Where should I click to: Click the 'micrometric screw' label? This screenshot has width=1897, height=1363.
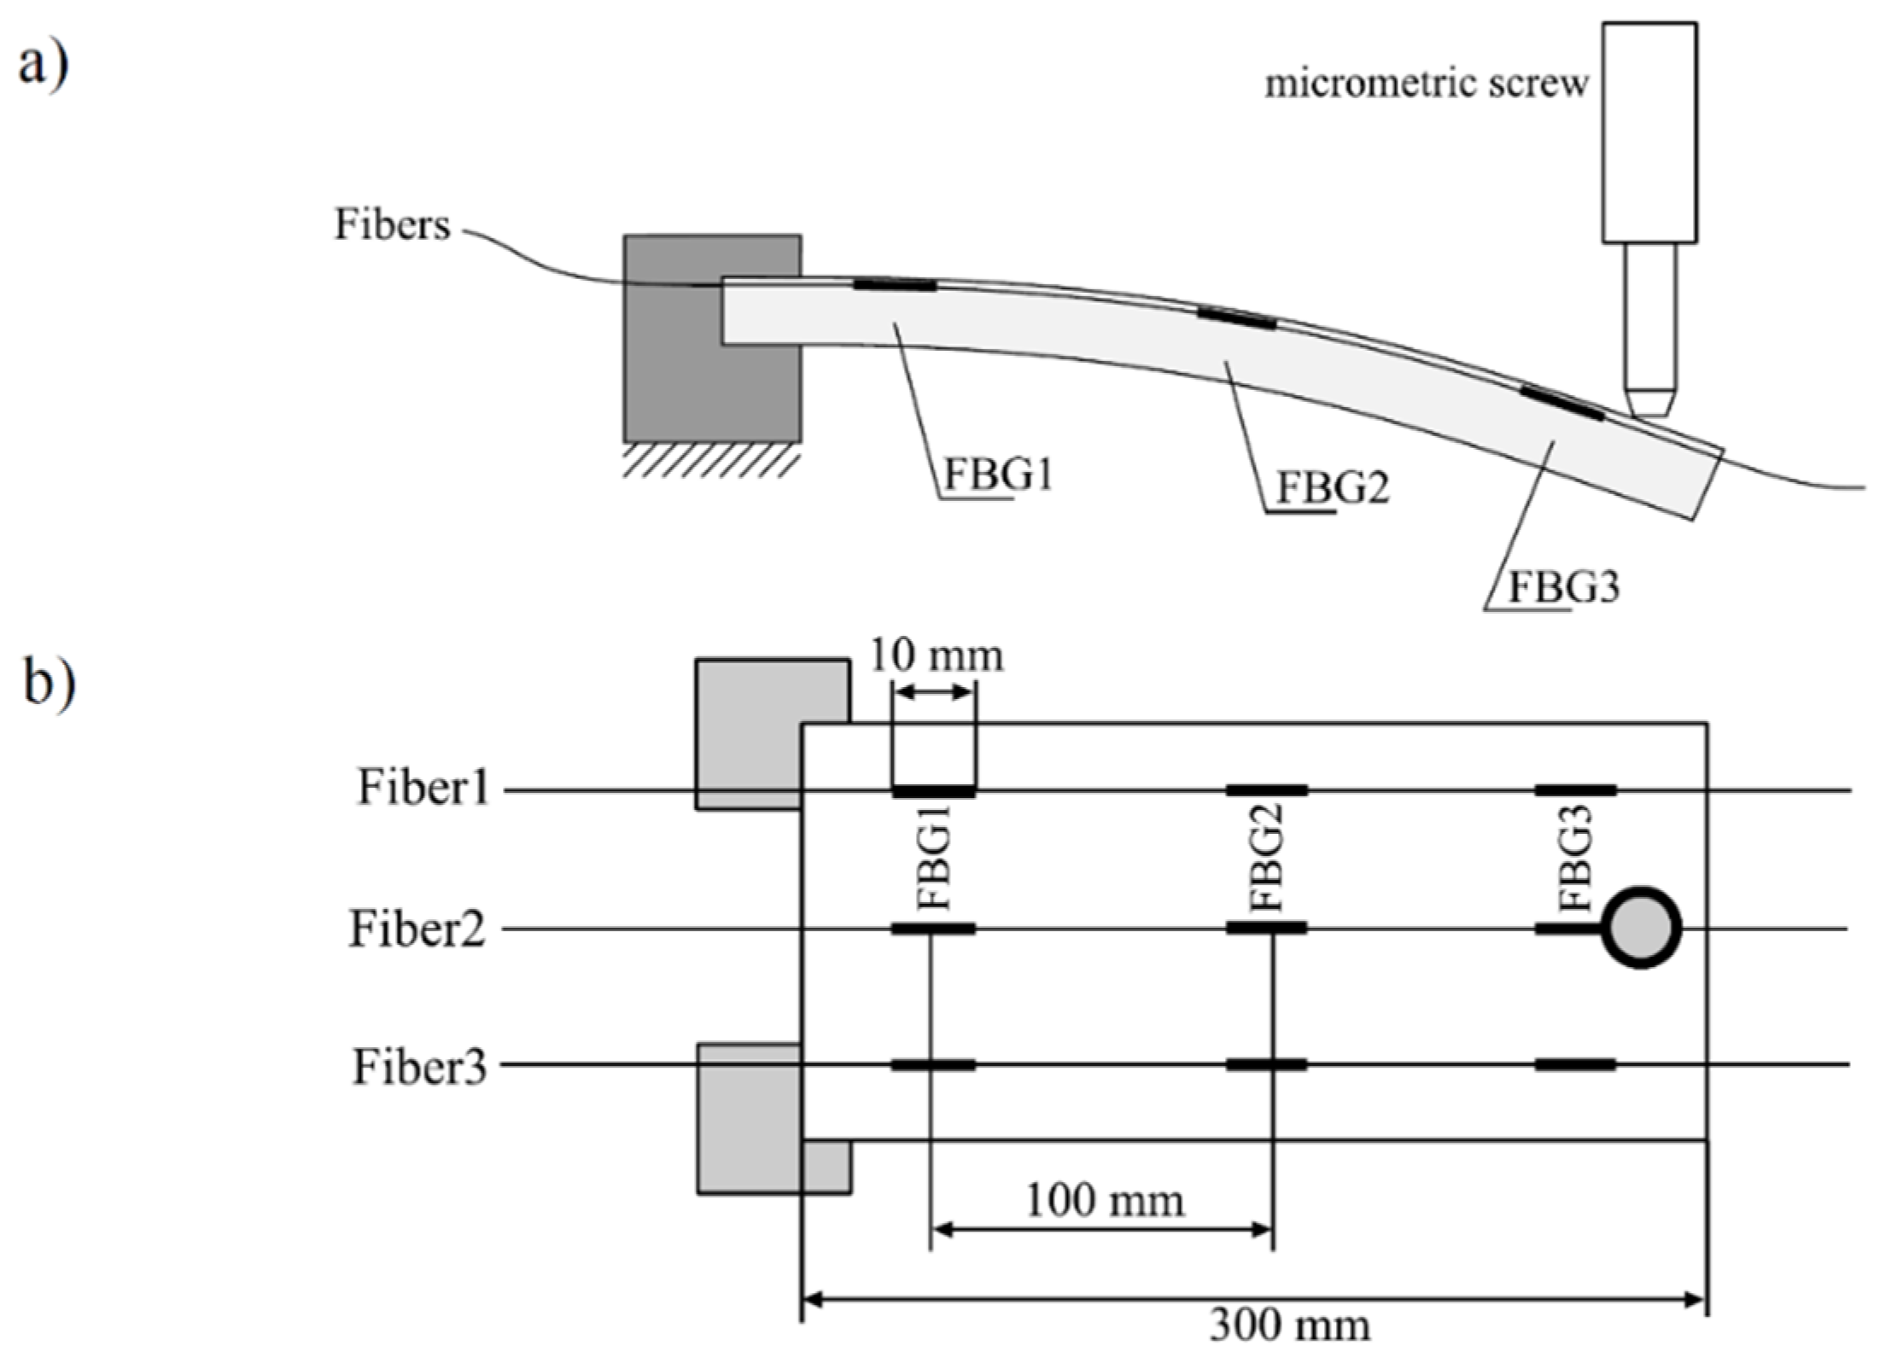point(1425,84)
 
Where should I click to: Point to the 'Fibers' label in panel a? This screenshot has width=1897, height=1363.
point(392,225)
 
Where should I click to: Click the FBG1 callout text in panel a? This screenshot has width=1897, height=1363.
point(997,475)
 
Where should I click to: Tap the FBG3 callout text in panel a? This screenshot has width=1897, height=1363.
point(1563,588)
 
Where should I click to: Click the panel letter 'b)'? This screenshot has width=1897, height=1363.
point(48,683)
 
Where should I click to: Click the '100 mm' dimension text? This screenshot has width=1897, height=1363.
point(1104,1202)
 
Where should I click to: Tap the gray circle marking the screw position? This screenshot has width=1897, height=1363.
point(1640,928)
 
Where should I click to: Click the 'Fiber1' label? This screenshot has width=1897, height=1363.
point(423,788)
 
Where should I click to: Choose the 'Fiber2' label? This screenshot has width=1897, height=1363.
point(417,929)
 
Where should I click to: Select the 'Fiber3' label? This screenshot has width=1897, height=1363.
point(419,1067)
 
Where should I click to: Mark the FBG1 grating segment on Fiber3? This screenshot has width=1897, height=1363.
point(933,1064)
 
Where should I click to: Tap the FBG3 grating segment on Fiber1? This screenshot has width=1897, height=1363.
point(1575,790)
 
